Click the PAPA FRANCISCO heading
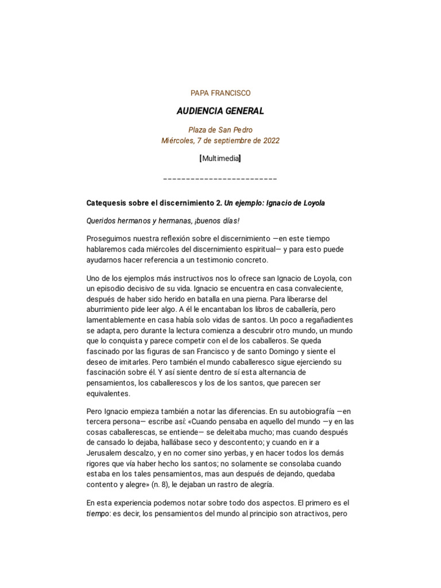220,92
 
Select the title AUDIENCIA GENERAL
220,110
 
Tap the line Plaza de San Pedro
220,130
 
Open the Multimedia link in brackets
220,158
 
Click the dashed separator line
220,179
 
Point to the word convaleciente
309,289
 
